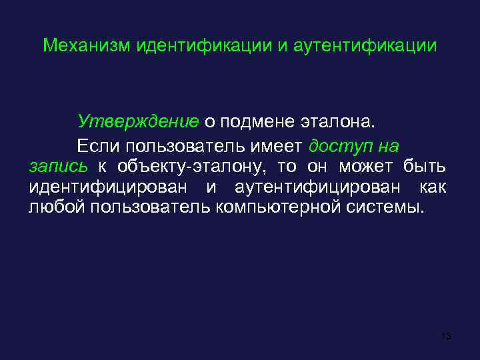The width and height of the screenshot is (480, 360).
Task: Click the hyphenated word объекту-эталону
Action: point(183,166)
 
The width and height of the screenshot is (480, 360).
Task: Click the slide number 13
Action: point(447,336)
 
